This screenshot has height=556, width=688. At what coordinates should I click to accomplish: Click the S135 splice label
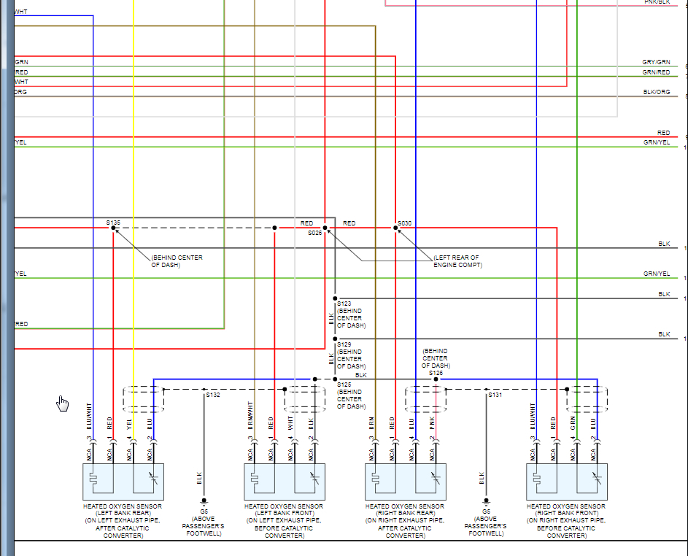(113, 221)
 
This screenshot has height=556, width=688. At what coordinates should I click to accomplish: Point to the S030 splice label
(405, 223)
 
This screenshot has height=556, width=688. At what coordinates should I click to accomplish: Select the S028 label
(314, 233)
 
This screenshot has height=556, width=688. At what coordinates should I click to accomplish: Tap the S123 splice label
(344, 303)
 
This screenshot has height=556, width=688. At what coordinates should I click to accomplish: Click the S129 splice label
(344, 344)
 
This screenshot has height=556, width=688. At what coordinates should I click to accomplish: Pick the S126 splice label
(436, 373)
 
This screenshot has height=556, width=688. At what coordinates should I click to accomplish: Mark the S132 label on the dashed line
(213, 395)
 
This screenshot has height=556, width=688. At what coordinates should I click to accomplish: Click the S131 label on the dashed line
(495, 395)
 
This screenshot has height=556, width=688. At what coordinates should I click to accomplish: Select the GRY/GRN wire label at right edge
(656, 63)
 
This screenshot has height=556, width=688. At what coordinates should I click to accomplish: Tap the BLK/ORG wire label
(656, 92)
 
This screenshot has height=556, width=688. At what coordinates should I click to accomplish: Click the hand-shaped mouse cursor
(63, 404)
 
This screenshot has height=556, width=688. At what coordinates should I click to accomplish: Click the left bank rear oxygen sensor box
(123, 482)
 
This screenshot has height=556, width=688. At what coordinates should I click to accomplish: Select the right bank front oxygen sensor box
(566, 482)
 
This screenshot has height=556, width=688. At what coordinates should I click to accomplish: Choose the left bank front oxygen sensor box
(284, 482)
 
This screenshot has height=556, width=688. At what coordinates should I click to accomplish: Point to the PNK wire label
(432, 421)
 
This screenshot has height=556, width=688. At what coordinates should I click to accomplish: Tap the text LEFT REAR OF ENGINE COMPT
(457, 261)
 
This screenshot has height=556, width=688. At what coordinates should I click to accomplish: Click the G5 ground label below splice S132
(204, 511)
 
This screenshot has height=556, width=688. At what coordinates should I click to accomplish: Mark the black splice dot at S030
(396, 228)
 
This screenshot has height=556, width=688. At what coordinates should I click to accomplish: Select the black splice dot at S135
(113, 228)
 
